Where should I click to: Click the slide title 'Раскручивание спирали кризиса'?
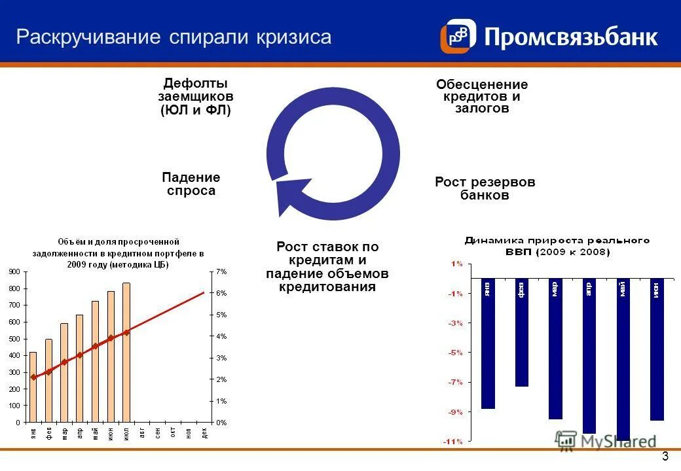[174, 37]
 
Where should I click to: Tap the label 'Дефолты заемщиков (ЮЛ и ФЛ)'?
[196, 97]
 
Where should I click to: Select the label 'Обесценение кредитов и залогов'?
[482, 97]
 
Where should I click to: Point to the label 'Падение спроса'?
[191, 184]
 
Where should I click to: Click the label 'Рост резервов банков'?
[485, 188]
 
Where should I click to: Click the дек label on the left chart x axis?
[204, 432]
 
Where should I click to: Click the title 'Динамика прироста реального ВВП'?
[557, 246]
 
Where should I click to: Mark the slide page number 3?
[665, 457]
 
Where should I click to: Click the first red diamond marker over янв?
[33, 377]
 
